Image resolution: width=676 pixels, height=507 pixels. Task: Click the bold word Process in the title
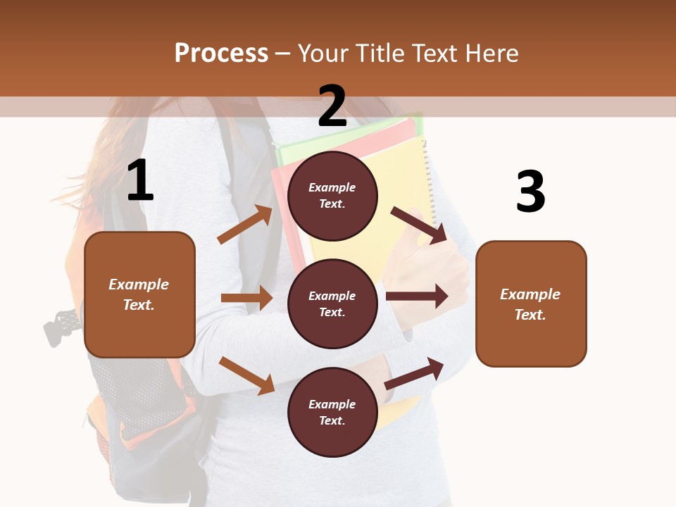tap(221, 53)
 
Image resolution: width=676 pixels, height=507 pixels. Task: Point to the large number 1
tap(140, 181)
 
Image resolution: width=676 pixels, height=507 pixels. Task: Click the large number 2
tap(332, 106)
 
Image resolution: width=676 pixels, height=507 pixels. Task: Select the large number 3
tap(530, 192)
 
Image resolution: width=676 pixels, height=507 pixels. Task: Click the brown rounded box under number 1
tap(139, 294)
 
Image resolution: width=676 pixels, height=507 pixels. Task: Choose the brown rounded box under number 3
tap(531, 303)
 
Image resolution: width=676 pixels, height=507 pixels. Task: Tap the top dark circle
tap(332, 196)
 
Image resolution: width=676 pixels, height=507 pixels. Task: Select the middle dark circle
tap(332, 303)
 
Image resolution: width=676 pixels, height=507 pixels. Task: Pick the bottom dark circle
tap(332, 412)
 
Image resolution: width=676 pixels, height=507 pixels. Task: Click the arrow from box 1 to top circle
tap(245, 225)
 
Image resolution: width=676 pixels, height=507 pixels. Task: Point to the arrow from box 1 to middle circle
tap(246, 298)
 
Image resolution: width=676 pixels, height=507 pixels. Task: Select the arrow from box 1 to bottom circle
tap(246, 375)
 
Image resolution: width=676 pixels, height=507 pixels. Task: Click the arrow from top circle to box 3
tap(419, 225)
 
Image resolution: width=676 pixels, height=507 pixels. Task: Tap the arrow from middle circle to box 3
tap(417, 296)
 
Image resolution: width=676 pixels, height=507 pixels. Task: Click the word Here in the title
tap(490, 53)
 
